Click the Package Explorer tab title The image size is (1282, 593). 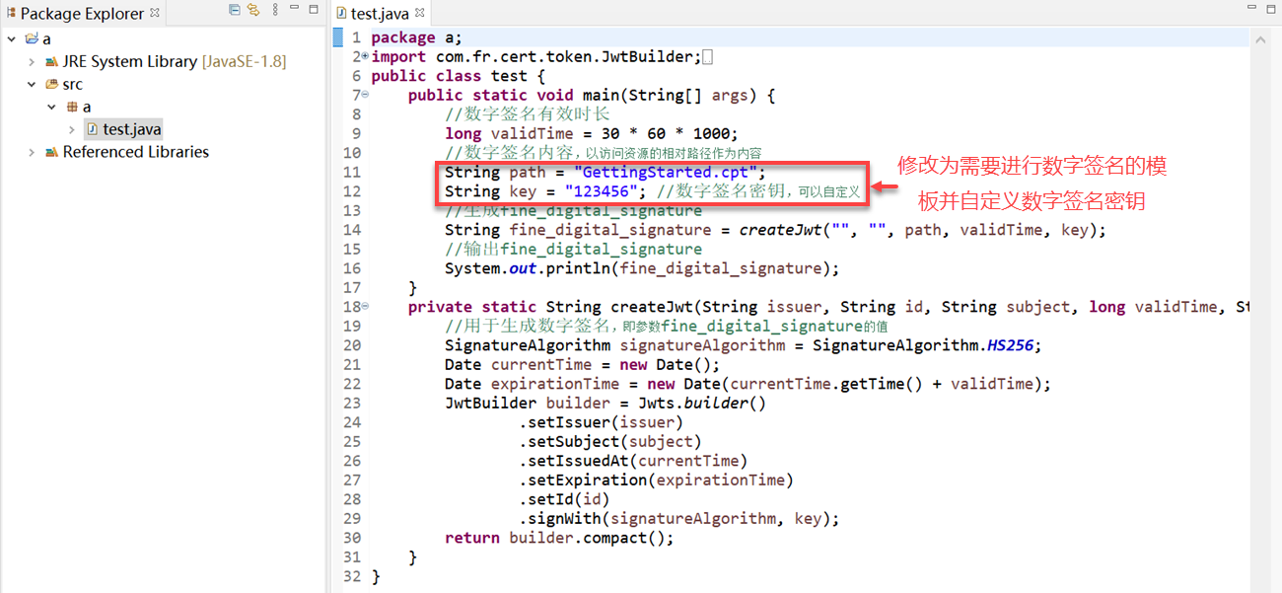pyautogui.click(x=82, y=13)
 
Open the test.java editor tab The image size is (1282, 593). pyautogui.click(x=380, y=13)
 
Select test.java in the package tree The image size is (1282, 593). pyautogui.click(x=131, y=129)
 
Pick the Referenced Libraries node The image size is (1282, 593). pyautogui.click(x=136, y=152)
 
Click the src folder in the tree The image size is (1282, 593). pyautogui.click(x=72, y=84)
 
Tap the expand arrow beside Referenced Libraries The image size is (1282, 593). pyautogui.click(x=32, y=152)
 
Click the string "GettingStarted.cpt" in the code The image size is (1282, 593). pyautogui.click(x=665, y=173)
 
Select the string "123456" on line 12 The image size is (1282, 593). pyautogui.click(x=601, y=191)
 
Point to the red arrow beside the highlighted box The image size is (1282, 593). pyautogui.click(x=885, y=186)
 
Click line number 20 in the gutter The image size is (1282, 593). pyautogui.click(x=352, y=345)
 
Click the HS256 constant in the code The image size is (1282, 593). pyautogui.click(x=1010, y=345)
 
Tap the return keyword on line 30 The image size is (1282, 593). pyautogui.click(x=472, y=538)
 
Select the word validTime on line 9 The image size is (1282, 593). pyautogui.click(x=532, y=134)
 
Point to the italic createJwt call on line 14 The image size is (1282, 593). pyautogui.click(x=780, y=230)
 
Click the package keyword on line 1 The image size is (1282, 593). pyautogui.click(x=403, y=38)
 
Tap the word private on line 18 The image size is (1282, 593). pyautogui.click(x=440, y=308)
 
